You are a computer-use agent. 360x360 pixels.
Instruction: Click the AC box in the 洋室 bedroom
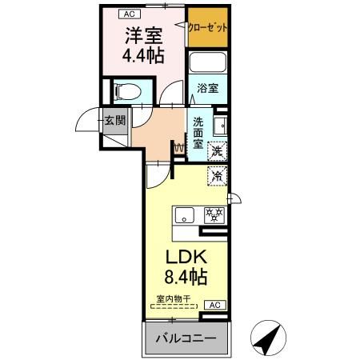pos(130,14)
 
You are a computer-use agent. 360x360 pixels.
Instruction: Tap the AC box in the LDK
pos(215,305)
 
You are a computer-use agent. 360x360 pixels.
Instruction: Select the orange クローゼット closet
pos(208,27)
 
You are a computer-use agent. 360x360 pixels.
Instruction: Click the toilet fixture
pos(127,91)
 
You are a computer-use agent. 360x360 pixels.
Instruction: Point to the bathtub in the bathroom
pos(208,62)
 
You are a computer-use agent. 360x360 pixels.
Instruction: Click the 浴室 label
pos(208,88)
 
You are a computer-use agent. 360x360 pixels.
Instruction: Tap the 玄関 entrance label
pos(115,121)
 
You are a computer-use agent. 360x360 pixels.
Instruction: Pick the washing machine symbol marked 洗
pos(218,151)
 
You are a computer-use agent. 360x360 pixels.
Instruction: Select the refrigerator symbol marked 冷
pos(218,175)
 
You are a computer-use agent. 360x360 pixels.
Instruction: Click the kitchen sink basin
pos(184,215)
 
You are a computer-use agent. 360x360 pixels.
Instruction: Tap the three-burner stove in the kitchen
pos(214,215)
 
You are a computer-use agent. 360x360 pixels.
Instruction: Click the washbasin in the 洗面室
pos(220,126)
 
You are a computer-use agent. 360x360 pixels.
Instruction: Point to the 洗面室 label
pos(198,133)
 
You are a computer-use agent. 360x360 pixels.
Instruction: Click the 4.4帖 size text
pos(143,55)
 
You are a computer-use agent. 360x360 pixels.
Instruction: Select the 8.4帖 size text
pos(186,277)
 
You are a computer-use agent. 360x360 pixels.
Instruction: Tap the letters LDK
pos(186,257)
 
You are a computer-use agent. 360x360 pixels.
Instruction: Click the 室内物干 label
pos(173,299)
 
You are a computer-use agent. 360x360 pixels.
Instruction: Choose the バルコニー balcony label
pos(186,338)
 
